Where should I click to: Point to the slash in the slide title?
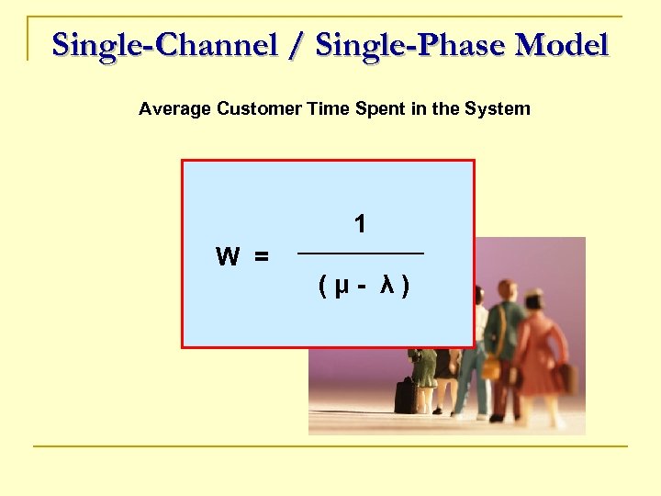[x=296, y=44]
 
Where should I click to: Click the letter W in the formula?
[x=228, y=256]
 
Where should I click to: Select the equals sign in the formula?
[x=262, y=257]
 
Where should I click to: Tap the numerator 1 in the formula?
[x=361, y=223]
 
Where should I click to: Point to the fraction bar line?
[x=361, y=253]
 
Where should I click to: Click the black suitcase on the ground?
[x=405, y=395]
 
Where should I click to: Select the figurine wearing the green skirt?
[x=423, y=367]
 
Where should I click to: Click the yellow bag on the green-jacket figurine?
[x=491, y=368]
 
